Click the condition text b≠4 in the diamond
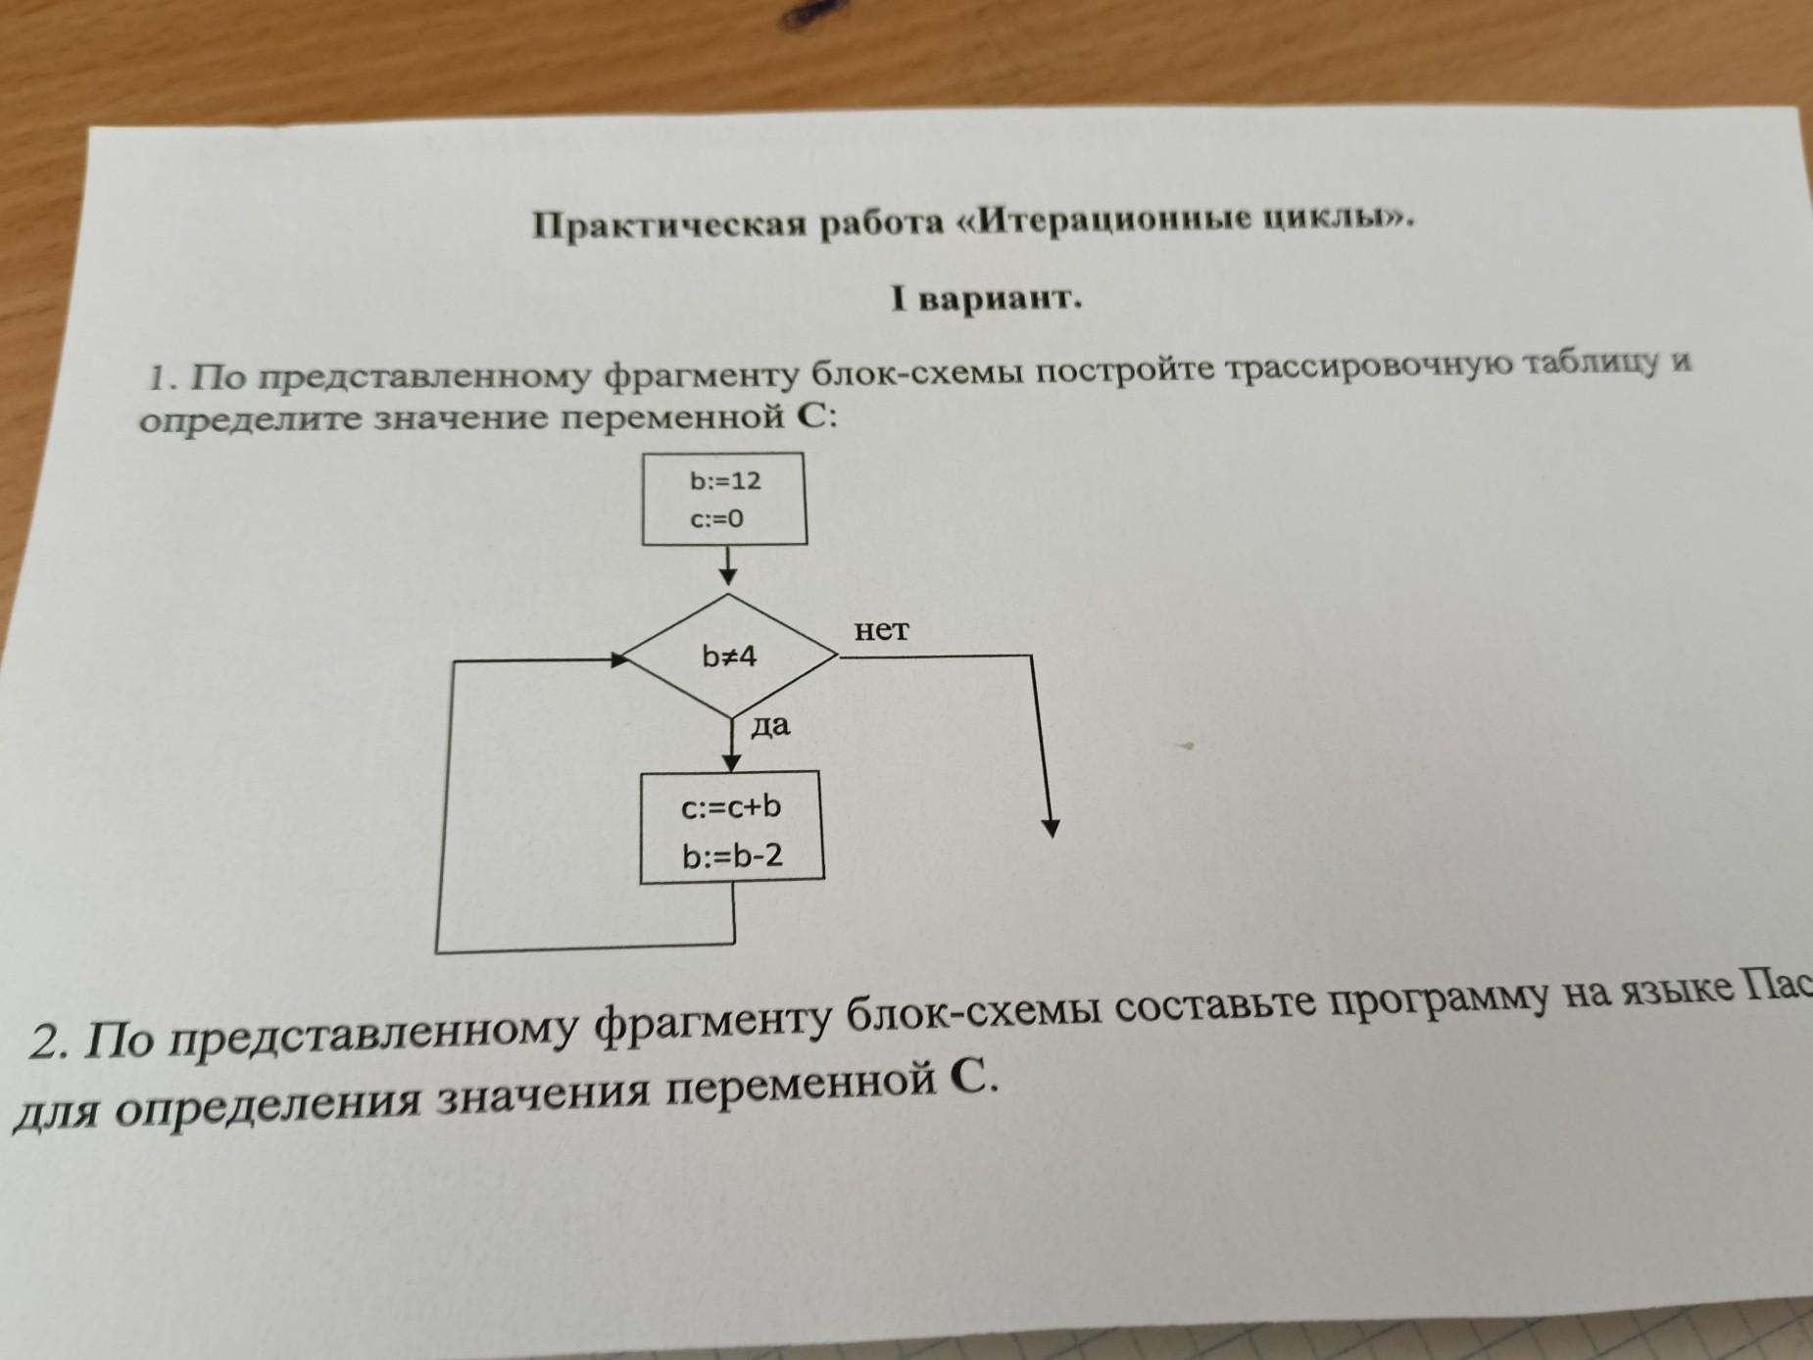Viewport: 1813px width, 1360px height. (730, 656)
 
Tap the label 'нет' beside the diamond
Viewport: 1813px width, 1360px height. (881, 630)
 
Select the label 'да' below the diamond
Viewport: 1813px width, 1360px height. (770, 726)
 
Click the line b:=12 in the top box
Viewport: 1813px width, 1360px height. (725, 481)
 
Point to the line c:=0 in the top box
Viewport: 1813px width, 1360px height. (716, 519)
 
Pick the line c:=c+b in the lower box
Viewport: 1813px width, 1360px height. (731, 807)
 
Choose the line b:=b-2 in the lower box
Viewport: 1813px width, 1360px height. (733, 856)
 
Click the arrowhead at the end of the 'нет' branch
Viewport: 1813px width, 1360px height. (1051, 828)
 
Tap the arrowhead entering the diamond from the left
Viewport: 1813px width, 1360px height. (618, 659)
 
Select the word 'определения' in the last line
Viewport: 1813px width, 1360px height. (265, 1103)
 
